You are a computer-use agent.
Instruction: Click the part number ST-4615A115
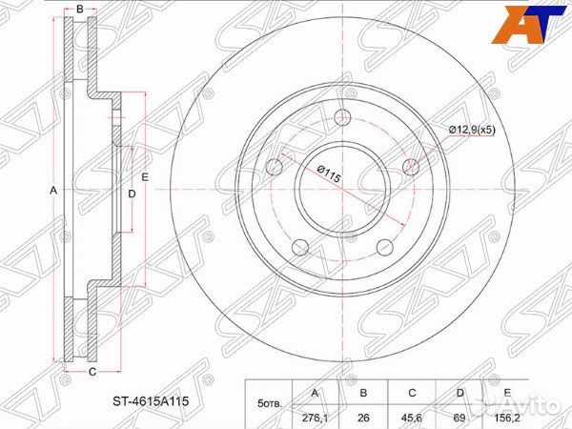click(151, 401)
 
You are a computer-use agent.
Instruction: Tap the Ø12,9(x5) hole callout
click(472, 130)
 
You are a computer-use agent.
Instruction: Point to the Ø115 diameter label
click(328, 174)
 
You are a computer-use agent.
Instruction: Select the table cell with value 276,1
click(316, 418)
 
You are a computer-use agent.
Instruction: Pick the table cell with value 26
click(363, 418)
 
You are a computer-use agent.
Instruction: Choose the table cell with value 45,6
click(412, 418)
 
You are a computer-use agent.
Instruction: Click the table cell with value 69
click(460, 418)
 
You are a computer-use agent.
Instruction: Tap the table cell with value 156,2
click(506, 418)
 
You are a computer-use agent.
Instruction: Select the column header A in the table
click(316, 393)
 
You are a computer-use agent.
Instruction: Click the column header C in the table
click(412, 393)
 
